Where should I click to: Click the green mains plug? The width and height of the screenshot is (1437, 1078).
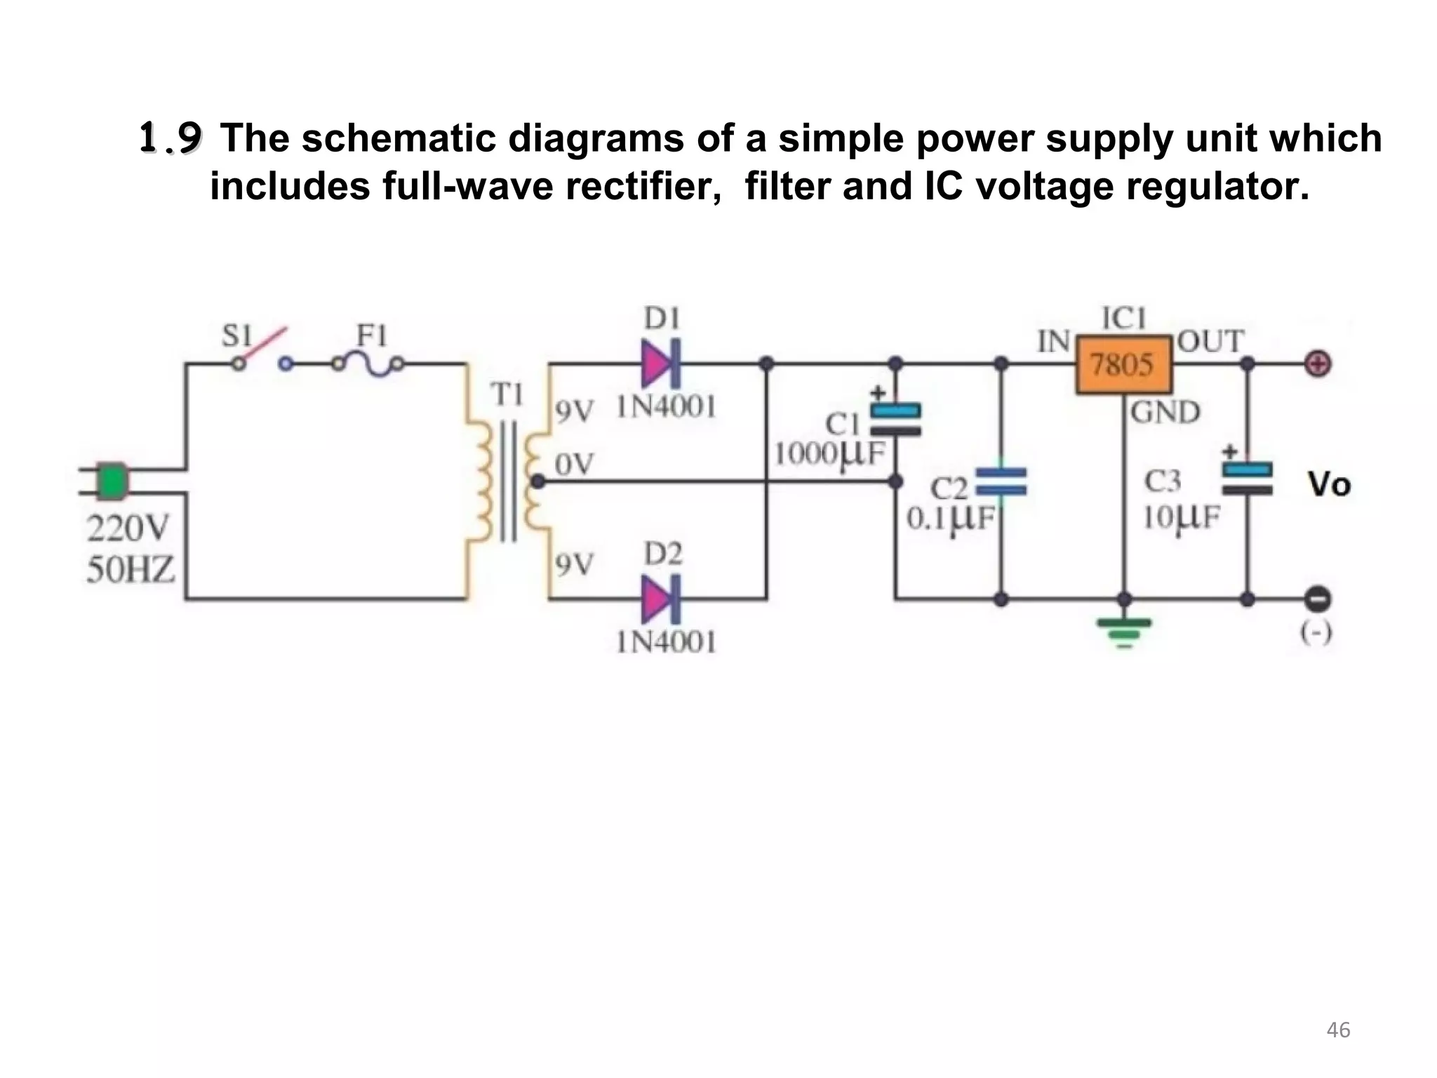coord(111,481)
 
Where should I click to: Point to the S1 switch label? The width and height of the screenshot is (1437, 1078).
coord(237,337)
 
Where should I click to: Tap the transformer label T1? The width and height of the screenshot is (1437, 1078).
coord(507,396)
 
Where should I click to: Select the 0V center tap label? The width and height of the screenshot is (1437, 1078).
coord(574,463)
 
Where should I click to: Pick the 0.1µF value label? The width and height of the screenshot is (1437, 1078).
coord(951,519)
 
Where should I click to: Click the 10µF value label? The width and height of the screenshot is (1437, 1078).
coord(1182,518)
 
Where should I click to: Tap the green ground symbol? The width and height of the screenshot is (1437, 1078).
coord(1124,631)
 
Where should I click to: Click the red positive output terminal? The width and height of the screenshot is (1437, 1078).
coord(1318,364)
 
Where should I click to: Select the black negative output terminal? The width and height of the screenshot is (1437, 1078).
coord(1318,599)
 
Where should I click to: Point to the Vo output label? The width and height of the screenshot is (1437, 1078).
coord(1329,484)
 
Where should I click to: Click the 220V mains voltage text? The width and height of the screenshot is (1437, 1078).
coord(128,528)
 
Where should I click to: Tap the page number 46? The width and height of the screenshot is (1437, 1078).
coord(1339,1030)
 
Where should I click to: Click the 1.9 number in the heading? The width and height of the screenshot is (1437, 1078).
coord(171,138)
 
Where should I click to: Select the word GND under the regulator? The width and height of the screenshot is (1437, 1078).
coord(1165,413)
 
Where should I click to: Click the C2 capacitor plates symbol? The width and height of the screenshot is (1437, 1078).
coord(1001,481)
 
